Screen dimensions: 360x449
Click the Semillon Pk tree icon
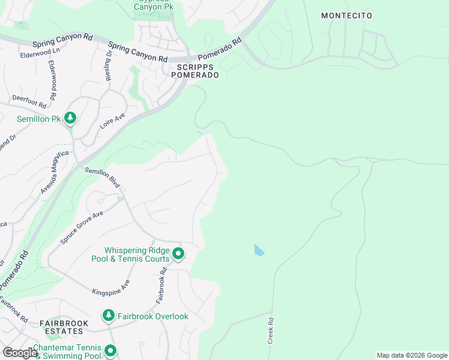point(71,118)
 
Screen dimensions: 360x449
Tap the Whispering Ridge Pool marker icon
point(178,254)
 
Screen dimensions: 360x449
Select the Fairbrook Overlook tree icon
point(108,315)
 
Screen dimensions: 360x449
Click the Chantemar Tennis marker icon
point(110,350)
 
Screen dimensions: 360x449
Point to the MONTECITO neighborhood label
point(346,16)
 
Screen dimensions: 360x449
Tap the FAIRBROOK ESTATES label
point(64,327)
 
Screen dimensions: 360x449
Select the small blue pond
point(259,250)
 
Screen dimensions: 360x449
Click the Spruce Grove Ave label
point(82,227)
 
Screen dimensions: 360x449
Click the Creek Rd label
point(271,331)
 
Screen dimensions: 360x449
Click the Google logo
point(19,353)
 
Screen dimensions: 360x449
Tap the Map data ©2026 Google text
point(411,355)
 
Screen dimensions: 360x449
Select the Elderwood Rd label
point(52,80)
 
